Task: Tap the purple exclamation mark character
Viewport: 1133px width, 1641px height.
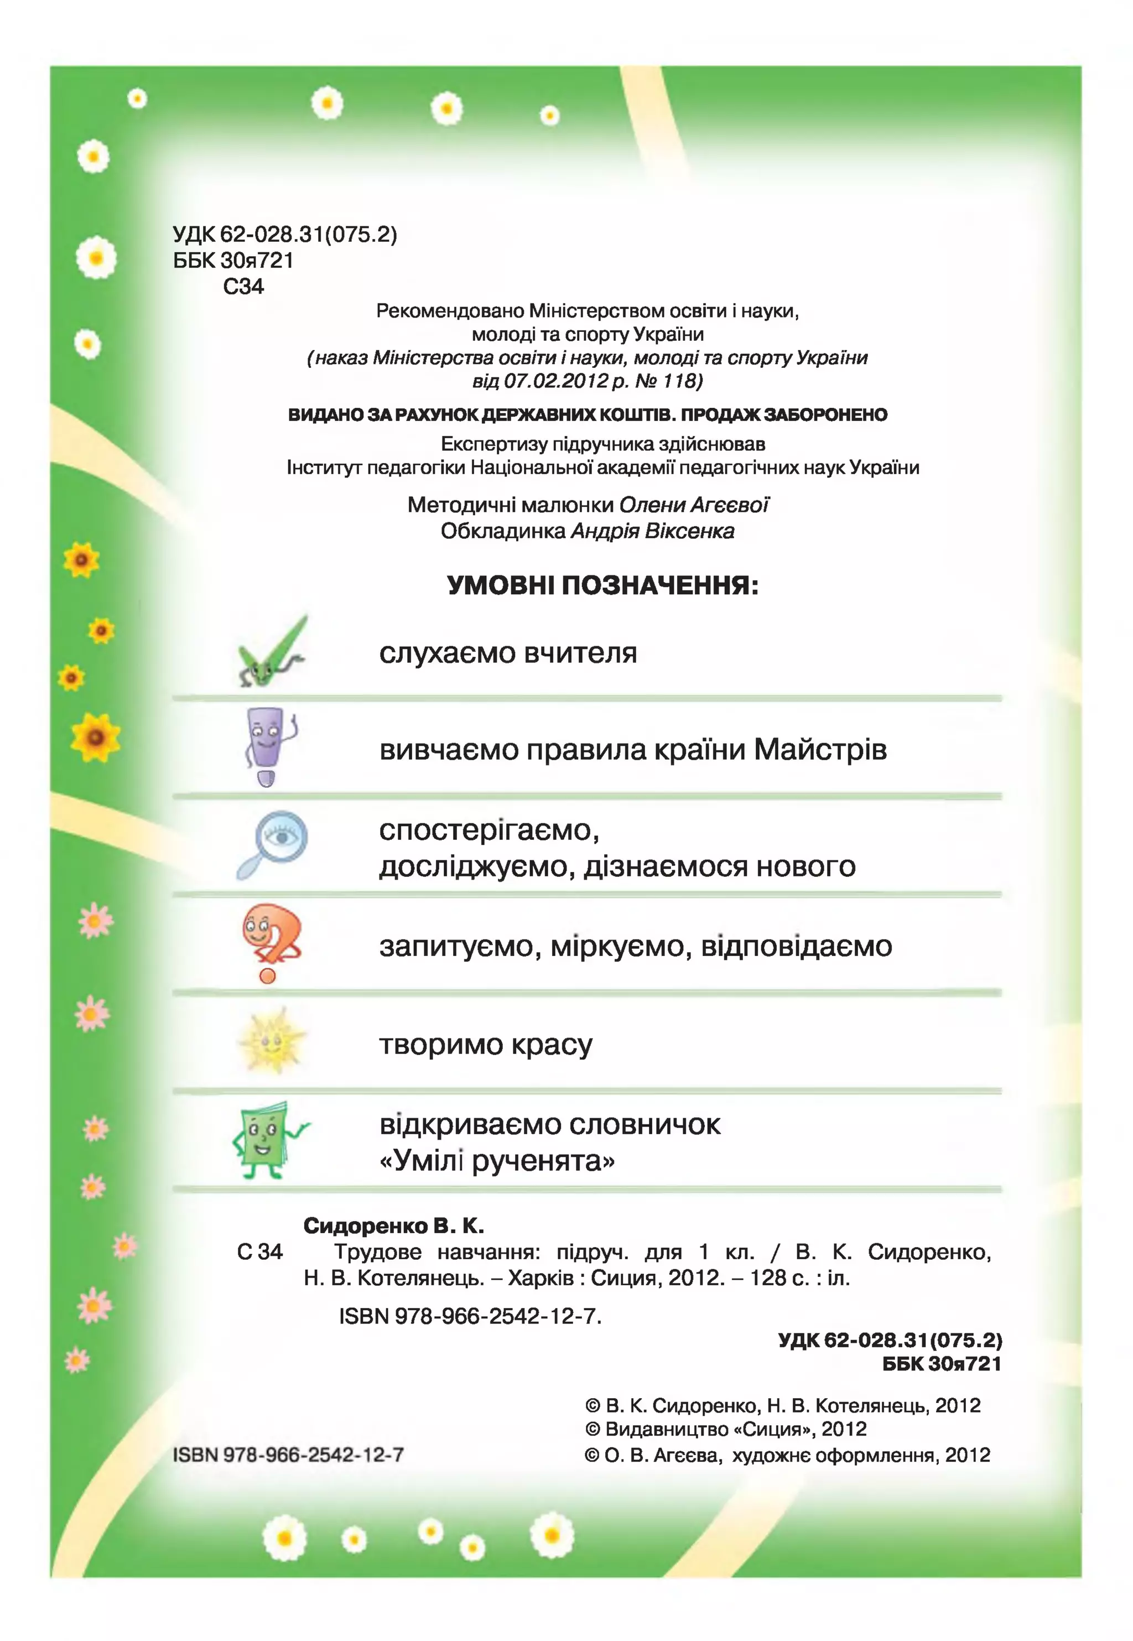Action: tap(268, 747)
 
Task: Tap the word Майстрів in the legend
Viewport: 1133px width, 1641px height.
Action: tap(820, 750)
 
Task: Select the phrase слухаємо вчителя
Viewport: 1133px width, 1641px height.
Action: tap(507, 653)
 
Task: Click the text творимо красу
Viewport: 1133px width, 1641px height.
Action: tap(486, 1044)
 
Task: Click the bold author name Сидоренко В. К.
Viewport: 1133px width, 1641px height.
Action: tap(393, 1226)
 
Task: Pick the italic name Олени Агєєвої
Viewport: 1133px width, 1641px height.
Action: tap(694, 505)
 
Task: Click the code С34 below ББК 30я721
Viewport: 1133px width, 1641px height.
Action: tap(243, 287)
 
